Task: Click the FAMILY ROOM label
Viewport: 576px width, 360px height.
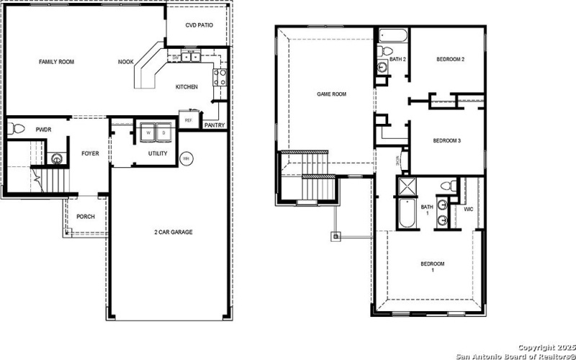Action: [x=56, y=63]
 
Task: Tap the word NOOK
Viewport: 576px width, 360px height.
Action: [x=126, y=63]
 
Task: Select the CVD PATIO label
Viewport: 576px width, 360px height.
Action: [x=199, y=25]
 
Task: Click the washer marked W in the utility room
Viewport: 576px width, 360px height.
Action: [x=148, y=132]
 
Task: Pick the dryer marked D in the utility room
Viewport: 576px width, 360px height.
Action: [x=163, y=132]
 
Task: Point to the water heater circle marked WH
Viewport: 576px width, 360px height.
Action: [x=186, y=158]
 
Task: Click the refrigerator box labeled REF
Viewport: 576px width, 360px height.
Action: [x=189, y=120]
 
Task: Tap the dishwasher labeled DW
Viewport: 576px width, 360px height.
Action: [x=175, y=57]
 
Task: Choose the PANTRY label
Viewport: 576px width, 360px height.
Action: [x=215, y=125]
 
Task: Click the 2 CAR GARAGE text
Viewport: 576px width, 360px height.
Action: [x=173, y=232]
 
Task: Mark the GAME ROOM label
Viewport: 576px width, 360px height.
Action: [x=332, y=94]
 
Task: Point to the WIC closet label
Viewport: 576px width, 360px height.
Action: [x=469, y=210]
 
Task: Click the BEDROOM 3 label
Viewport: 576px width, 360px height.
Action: [x=446, y=140]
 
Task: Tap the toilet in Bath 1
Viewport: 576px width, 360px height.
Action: [x=447, y=186]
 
